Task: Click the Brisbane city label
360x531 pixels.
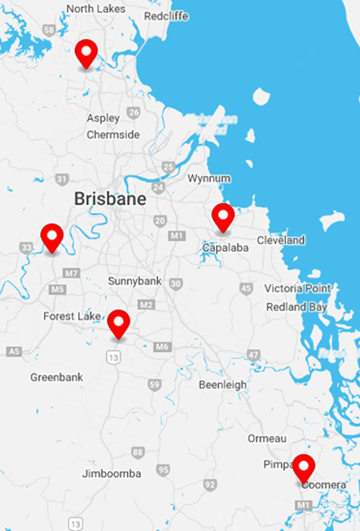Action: [110, 199]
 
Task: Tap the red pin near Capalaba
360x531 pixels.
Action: [223, 217]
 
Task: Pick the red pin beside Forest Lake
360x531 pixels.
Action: [118, 323]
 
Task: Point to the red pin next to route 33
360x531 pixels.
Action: [52, 237]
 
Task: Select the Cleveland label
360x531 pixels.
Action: [280, 240]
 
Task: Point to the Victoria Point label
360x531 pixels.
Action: [297, 288]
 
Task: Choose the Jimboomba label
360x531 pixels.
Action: [111, 474]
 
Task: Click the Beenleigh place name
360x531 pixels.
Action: [222, 385]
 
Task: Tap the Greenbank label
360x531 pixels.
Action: [55, 377]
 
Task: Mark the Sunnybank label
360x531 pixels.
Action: [134, 281]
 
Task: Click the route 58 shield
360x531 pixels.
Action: [49, 30]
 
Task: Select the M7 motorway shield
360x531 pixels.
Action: [72, 272]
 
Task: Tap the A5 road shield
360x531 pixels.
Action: [14, 351]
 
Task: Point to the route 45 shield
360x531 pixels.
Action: [245, 288]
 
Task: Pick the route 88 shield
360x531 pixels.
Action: [137, 452]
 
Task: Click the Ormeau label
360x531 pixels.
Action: [266, 438]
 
